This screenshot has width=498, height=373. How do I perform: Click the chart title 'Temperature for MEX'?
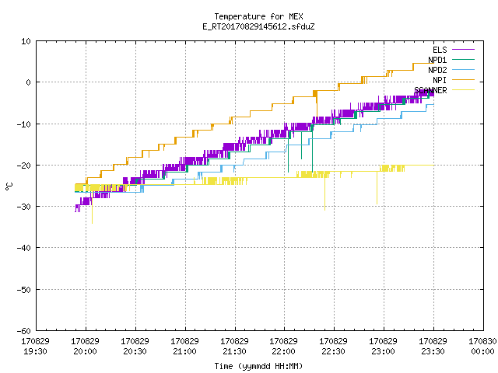click(x=258, y=16)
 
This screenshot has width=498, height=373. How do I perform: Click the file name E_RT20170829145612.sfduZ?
click(x=258, y=26)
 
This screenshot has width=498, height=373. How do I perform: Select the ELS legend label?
click(x=440, y=50)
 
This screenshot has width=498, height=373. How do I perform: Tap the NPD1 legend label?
click(x=437, y=60)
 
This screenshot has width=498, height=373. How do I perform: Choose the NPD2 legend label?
click(x=437, y=70)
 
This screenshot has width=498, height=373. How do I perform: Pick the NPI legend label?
click(x=440, y=80)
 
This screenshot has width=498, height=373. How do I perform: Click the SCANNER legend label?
click(x=430, y=90)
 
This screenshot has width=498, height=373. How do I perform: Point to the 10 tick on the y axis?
click(x=26, y=41)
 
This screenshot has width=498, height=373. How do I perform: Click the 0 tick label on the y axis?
click(x=28, y=82)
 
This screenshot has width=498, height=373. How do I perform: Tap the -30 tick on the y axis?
click(x=24, y=207)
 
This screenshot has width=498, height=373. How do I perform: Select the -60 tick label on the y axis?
click(x=24, y=331)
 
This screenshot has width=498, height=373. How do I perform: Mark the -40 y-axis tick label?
click(x=24, y=248)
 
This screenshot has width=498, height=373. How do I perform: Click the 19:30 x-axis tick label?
click(x=35, y=351)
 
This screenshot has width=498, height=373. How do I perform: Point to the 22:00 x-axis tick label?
click(x=283, y=351)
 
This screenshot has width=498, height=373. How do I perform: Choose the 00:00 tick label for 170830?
click(x=482, y=351)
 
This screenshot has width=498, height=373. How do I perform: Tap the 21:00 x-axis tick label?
click(x=184, y=351)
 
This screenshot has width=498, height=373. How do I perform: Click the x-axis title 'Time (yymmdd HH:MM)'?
click(x=258, y=366)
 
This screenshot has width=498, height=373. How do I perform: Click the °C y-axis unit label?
click(x=9, y=186)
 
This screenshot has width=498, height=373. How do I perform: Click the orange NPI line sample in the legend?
click(x=464, y=80)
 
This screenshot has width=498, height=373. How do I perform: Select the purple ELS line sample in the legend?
click(x=464, y=50)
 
